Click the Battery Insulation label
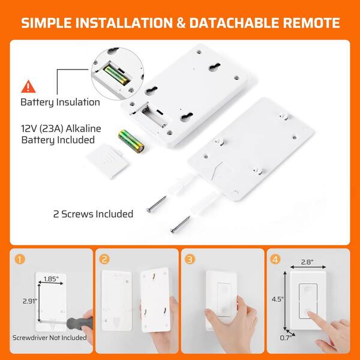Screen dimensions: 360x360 coord(60,102)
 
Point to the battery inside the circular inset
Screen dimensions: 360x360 coord(117,75)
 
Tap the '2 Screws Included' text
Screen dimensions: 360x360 coord(92,213)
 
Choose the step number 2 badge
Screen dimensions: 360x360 coord(105,260)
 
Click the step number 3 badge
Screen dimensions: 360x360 coord(191,260)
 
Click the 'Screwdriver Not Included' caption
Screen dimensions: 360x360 coord(49,337)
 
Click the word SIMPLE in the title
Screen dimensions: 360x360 coord(53,24)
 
